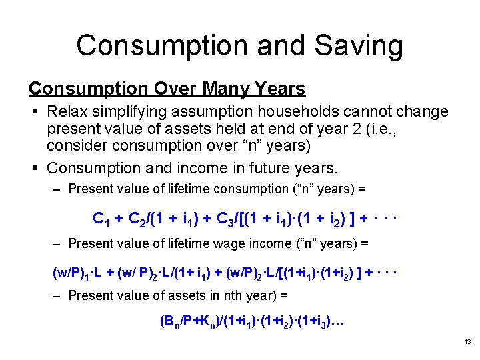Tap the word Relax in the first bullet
point(67,111)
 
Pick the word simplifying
point(135,111)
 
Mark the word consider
point(75,145)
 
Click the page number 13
point(467,342)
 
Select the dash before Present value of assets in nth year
point(57,294)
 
